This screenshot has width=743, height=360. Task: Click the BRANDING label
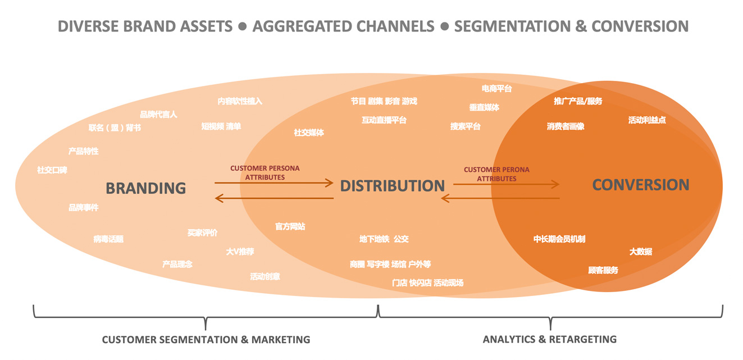(145, 188)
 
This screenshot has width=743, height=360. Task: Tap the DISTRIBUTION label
(392, 185)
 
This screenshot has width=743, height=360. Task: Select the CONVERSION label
(640, 185)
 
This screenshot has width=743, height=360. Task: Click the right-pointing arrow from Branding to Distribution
(274, 183)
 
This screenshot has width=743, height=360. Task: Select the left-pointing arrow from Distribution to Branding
(274, 198)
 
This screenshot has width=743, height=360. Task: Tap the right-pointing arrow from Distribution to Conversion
(506, 184)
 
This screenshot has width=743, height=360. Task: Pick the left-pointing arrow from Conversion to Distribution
(500, 198)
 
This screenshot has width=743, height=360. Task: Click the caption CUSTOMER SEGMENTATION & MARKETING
(206, 339)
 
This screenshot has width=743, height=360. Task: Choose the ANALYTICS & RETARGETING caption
(549, 339)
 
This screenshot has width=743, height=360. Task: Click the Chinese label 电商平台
(496, 88)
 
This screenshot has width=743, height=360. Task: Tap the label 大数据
(640, 252)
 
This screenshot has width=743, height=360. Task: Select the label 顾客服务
(603, 270)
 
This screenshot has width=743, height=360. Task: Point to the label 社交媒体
(308, 133)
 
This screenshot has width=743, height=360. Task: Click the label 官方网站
(290, 226)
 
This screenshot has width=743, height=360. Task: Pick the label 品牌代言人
(158, 115)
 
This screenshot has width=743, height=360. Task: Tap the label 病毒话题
(108, 239)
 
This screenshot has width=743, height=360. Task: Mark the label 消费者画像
(566, 126)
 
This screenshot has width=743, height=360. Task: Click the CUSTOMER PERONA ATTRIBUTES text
(496, 174)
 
